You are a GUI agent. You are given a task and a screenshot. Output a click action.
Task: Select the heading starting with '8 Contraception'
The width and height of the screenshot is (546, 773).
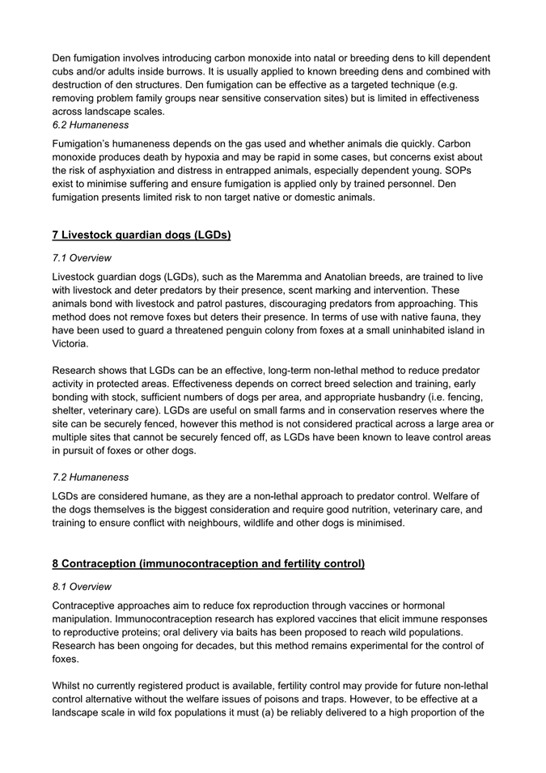click(209, 563)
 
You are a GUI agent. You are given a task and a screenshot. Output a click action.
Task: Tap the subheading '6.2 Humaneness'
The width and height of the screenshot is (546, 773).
click(90, 125)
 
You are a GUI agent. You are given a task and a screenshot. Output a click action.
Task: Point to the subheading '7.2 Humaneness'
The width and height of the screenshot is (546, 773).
click(90, 477)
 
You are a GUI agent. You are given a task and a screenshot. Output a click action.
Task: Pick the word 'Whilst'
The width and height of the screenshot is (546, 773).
click(70, 686)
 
